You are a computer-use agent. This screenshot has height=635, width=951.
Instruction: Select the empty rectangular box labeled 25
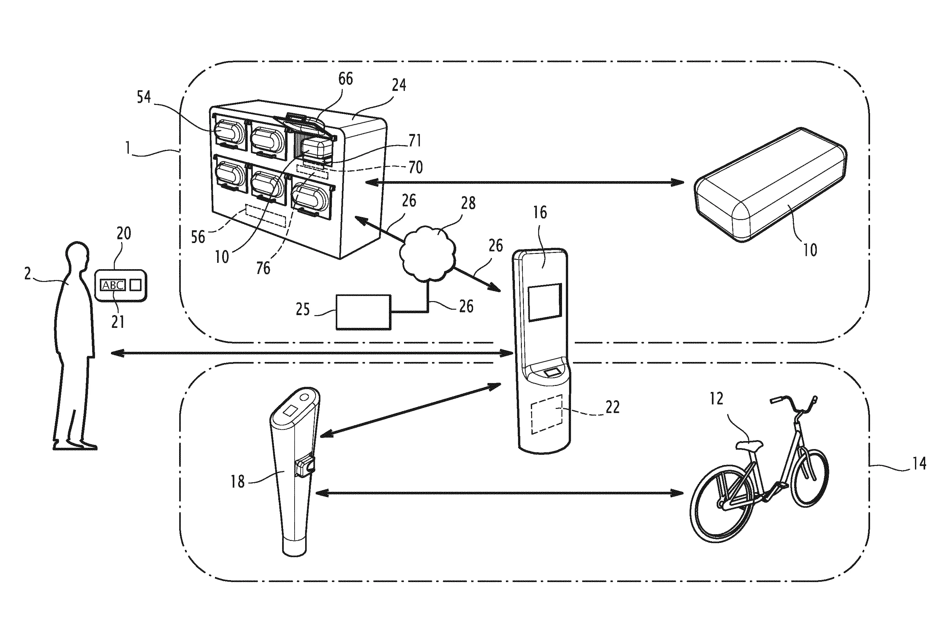tap(363, 312)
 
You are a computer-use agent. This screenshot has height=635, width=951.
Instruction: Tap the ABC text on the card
tap(113, 285)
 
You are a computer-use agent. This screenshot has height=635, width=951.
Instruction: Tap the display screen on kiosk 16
tap(545, 303)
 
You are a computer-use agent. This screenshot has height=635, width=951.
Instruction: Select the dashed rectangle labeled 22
tap(546, 414)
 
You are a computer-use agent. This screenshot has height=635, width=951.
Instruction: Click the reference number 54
tap(144, 97)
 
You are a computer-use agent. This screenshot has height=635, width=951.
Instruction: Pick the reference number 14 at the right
tap(919, 463)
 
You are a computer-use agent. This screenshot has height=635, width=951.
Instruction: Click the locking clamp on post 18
tap(305, 467)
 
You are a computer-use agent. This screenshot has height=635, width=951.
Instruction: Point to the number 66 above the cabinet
tap(345, 78)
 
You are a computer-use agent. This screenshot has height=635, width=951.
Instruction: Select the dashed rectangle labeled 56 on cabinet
tap(266, 216)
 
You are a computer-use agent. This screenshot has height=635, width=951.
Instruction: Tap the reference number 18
tap(238, 482)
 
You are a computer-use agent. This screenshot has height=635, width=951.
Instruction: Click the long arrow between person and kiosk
tap(312, 354)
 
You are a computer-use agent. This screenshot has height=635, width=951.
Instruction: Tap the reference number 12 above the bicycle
tap(716, 399)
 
